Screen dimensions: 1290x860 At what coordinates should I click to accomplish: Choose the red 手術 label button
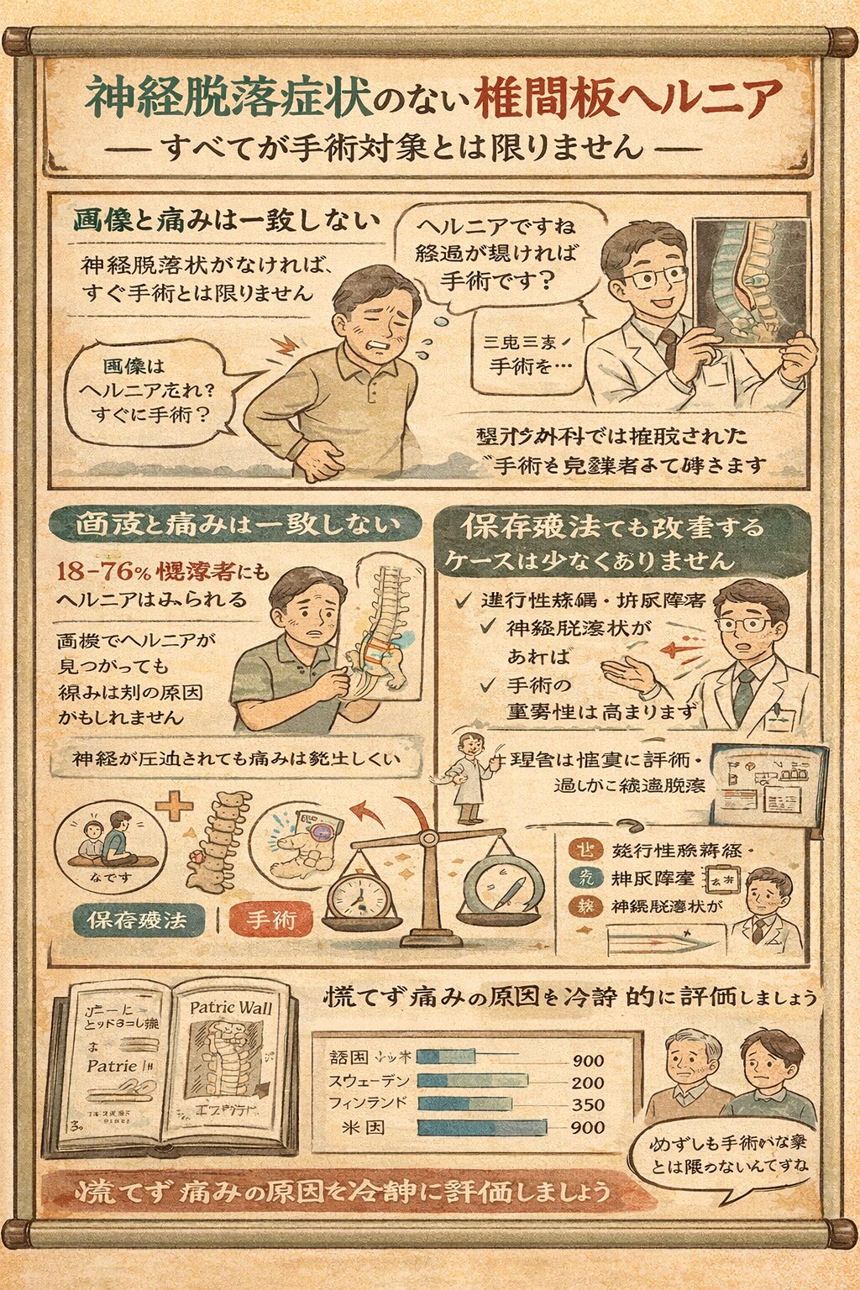coord(270,920)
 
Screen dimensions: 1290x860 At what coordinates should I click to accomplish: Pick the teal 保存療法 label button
coord(138,920)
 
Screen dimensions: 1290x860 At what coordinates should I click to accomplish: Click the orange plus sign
coord(175,807)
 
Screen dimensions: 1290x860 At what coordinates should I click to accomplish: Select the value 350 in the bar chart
coord(587,1104)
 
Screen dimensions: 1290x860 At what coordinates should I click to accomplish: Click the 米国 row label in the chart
coord(364,1127)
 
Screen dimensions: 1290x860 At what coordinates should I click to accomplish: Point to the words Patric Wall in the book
coord(230,1007)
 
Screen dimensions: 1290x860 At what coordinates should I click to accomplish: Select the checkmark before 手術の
coord(487,685)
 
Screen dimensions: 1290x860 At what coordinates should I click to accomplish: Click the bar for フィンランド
coord(464,1104)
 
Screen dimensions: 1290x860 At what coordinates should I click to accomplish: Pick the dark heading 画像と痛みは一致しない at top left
coord(225,221)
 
